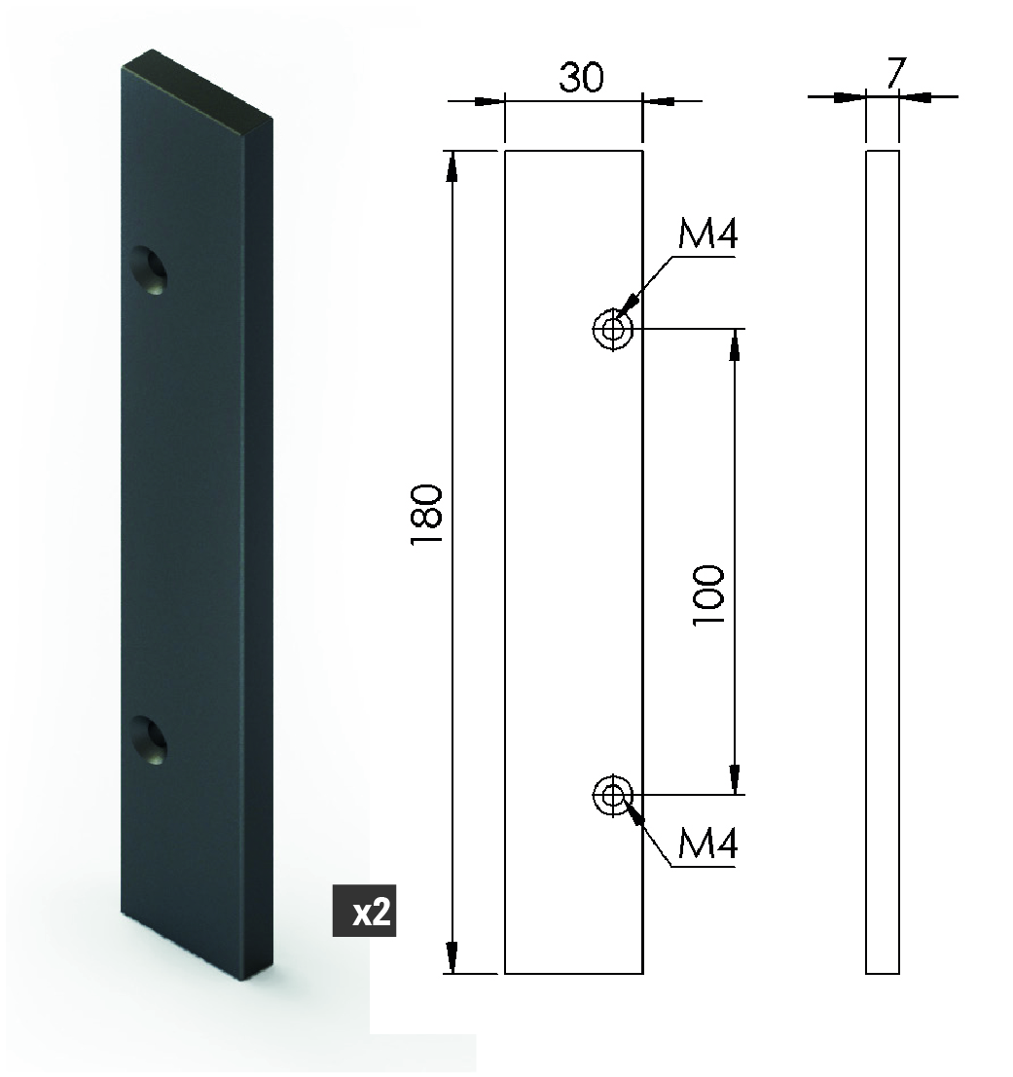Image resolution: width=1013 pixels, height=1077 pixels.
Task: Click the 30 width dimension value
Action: point(581,77)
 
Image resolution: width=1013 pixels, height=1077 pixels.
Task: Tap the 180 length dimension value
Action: point(426,515)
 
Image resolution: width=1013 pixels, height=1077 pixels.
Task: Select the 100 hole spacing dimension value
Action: point(708,594)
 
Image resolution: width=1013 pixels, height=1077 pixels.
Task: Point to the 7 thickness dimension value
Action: point(895,72)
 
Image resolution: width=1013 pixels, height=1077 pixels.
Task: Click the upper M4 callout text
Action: point(707,233)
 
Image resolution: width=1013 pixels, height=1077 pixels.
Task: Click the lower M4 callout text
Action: point(707,844)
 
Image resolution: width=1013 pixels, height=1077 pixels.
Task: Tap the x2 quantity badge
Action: point(365,911)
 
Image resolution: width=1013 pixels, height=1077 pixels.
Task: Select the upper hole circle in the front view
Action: point(612,329)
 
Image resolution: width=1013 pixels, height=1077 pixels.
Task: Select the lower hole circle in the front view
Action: point(612,795)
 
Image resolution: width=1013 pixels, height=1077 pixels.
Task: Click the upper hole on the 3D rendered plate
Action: point(149,269)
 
